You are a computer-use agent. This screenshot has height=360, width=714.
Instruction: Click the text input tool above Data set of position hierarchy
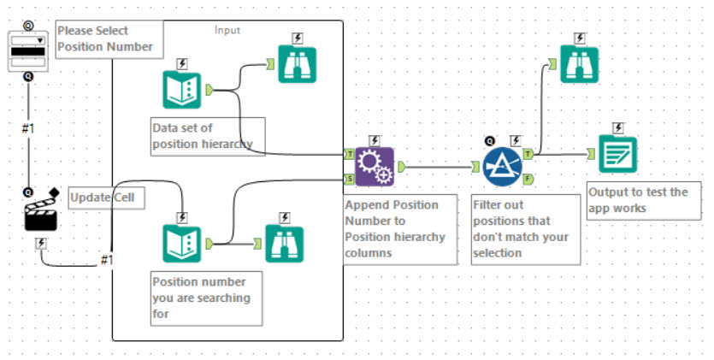(x=182, y=90)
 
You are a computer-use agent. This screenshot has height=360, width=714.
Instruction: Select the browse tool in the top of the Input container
(x=297, y=63)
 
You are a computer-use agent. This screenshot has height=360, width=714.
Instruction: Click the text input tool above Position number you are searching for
(x=182, y=244)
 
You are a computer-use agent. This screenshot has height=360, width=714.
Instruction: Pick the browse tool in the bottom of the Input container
(x=284, y=244)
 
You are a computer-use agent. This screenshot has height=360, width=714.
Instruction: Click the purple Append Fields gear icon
(x=375, y=166)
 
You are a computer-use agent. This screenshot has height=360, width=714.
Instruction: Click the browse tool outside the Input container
(x=580, y=64)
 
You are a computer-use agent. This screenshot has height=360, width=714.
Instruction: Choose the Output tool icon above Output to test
(x=617, y=154)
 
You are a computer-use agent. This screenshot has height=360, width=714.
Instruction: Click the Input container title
(x=227, y=30)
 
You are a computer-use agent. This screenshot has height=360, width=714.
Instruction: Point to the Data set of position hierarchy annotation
(x=202, y=136)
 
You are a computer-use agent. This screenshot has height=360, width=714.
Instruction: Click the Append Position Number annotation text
(x=394, y=227)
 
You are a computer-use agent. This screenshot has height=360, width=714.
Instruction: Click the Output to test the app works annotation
(x=638, y=199)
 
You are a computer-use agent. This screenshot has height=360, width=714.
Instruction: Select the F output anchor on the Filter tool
(x=528, y=179)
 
